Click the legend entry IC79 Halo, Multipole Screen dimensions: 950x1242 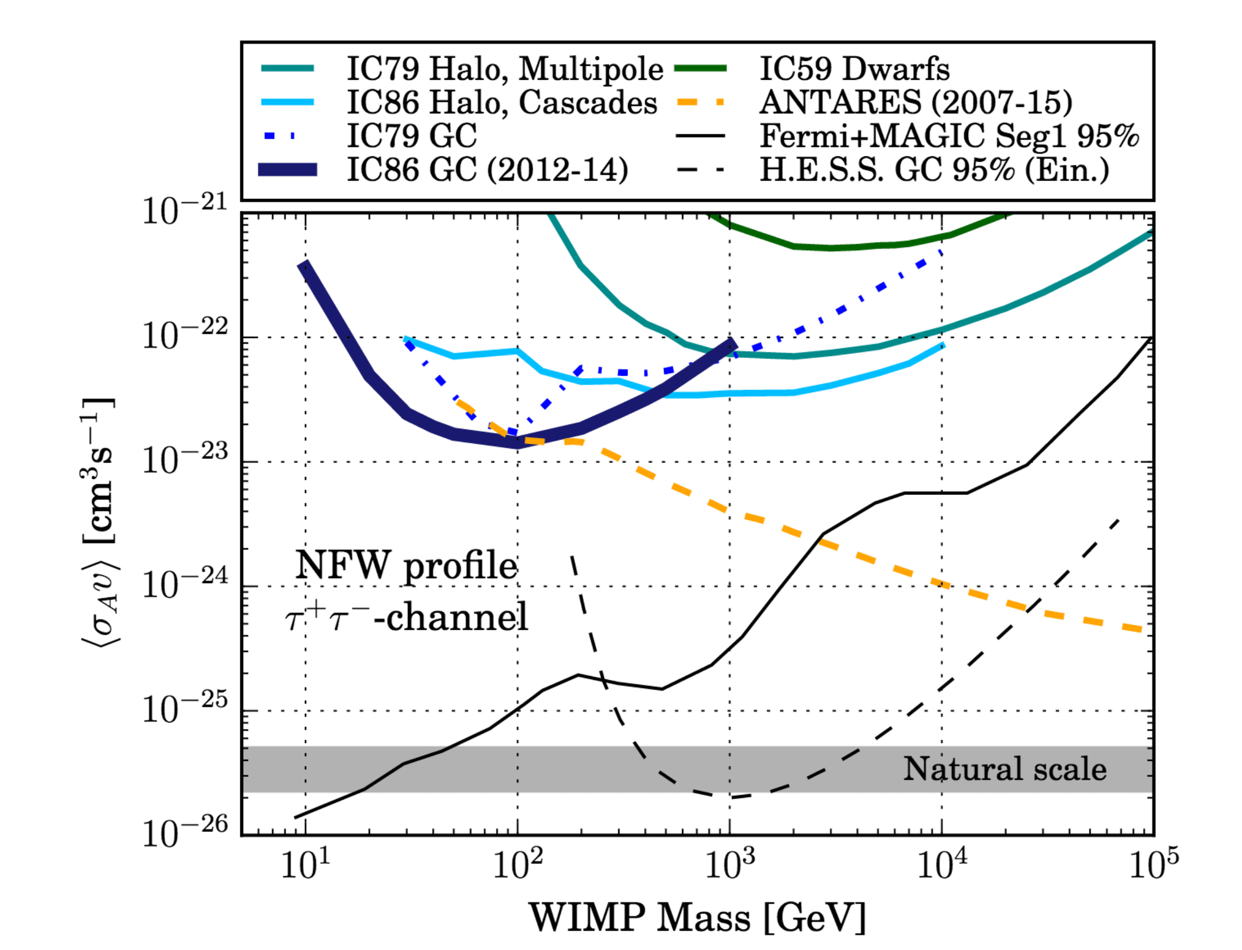504,70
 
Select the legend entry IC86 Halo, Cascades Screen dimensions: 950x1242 501,103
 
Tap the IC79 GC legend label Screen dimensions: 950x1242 411,136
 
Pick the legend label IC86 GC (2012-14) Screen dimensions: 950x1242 487,169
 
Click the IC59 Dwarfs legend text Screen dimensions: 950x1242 854,70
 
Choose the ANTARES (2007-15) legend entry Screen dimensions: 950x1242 916,103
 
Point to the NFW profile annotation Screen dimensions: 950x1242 406,566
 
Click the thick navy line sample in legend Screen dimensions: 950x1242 287,169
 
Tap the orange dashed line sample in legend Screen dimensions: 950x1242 700,103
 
